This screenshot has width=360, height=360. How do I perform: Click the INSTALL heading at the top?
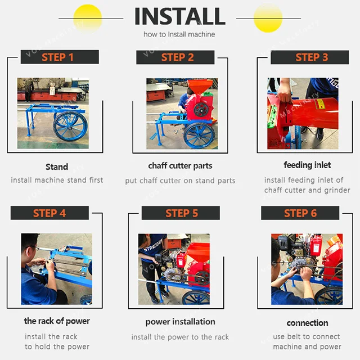click(x=179, y=16)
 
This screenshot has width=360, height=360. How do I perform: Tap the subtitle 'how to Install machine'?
click(x=179, y=35)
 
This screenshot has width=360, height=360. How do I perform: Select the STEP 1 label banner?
click(x=58, y=57)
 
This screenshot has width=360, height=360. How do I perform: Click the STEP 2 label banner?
click(x=177, y=57)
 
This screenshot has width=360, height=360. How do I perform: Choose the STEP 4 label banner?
click(x=49, y=213)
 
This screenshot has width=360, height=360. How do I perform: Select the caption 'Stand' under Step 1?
click(x=57, y=166)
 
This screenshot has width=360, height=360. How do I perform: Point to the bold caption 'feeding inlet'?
click(x=307, y=165)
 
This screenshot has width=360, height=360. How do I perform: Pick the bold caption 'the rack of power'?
click(x=57, y=321)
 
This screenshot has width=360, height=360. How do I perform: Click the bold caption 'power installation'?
click(x=180, y=322)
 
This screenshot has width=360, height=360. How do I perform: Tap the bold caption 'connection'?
click(x=307, y=323)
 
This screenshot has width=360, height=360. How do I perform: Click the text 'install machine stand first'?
click(x=57, y=180)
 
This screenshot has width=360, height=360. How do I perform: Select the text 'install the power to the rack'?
click(x=180, y=337)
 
